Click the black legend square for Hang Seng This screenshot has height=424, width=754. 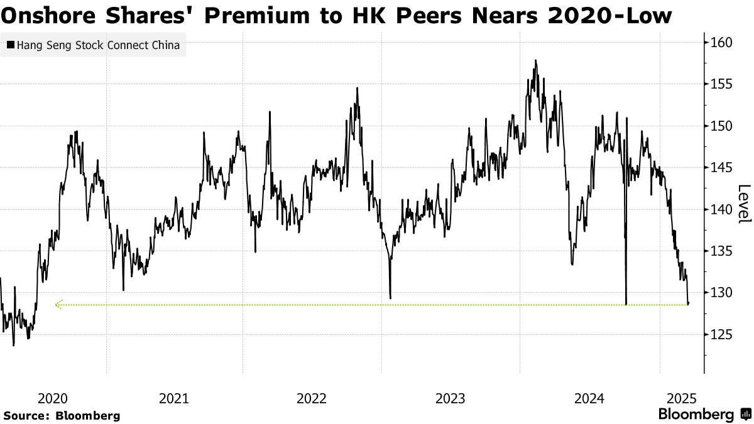tap(10, 45)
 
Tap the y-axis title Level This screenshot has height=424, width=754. tap(744, 204)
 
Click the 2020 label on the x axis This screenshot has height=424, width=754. tap(53, 398)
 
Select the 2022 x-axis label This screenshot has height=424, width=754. tap(312, 398)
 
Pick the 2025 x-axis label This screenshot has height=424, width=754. tap(681, 398)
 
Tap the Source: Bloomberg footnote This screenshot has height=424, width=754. tap(62, 415)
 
